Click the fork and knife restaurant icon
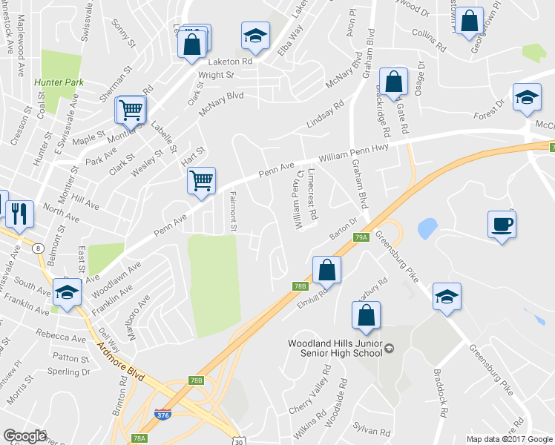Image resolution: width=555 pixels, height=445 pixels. tap(19, 214)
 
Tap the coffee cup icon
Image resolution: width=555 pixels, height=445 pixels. tap(502, 223)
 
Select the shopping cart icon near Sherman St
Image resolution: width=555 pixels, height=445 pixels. tap(131, 111)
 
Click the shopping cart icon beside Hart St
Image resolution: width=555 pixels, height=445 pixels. tap(202, 180)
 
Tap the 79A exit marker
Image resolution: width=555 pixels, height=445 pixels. tap(361, 237)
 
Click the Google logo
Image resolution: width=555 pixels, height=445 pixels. tap(24, 436)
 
